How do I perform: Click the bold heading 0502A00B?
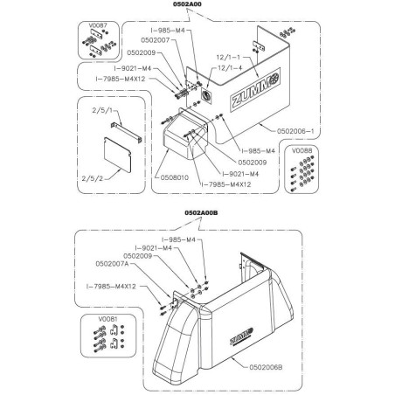tap(201, 213)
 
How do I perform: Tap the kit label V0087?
tap(98, 25)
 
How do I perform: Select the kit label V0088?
tap(301, 150)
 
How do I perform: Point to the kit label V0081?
tap(107, 319)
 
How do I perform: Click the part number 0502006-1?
tap(295, 131)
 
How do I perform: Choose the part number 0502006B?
tap(266, 367)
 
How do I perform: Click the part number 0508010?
tap(175, 177)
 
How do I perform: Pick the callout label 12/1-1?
tap(228, 58)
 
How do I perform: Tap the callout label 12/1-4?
tap(230, 68)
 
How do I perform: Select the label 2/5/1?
tap(102, 111)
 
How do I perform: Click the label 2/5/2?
tap(93, 178)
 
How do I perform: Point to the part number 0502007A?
tap(112, 264)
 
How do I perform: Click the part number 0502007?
tap(156, 40)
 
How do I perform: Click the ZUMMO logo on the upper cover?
tap(255, 90)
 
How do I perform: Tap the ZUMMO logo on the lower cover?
tap(241, 336)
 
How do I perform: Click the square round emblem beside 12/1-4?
tap(206, 95)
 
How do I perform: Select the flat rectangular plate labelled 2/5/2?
tap(118, 154)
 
